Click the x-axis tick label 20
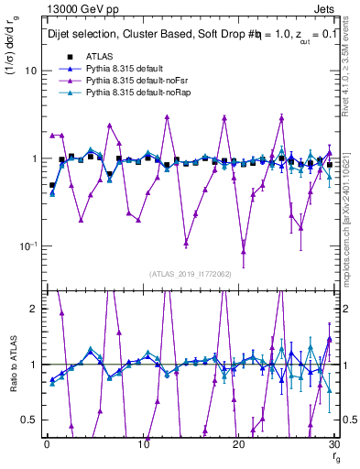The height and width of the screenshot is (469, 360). point(239,444)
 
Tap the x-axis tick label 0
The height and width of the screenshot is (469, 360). point(47,444)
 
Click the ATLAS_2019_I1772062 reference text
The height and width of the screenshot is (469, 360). point(191,273)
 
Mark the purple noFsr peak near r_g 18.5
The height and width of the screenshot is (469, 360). point(224,118)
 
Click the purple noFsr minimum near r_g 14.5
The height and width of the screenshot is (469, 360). point(186,243)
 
